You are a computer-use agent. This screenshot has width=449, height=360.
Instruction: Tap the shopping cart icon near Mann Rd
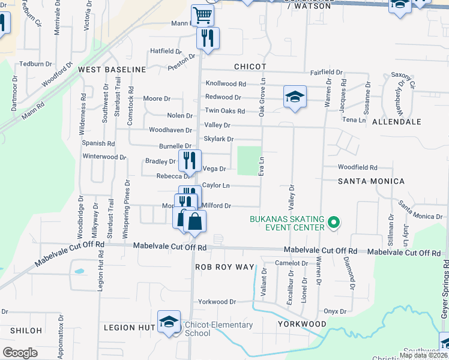[203, 16]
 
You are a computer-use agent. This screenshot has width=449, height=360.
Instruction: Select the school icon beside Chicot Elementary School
[169, 322]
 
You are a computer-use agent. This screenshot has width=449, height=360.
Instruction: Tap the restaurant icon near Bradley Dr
[189, 160]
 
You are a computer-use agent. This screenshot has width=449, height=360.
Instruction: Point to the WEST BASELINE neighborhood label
[112, 70]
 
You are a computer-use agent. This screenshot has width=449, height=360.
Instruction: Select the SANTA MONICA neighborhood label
[371, 181]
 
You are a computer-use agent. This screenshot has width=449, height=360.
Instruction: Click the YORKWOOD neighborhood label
[301, 323]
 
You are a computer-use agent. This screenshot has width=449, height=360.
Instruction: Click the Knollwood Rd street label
[226, 84]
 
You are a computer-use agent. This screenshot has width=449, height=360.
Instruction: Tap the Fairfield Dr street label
[326, 72]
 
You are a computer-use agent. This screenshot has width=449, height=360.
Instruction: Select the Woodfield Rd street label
[357, 167]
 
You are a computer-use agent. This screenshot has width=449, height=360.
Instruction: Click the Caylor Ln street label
[215, 186]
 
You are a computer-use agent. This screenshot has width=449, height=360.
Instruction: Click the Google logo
[20, 353]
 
